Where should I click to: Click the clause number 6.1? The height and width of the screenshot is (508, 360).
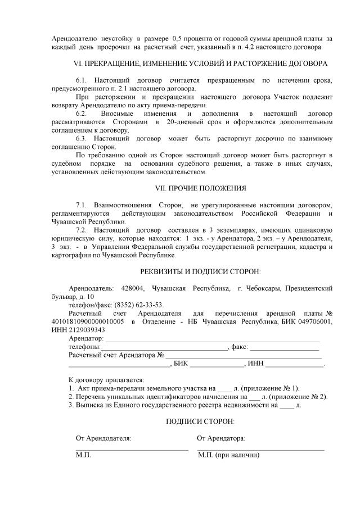[x=82, y=80]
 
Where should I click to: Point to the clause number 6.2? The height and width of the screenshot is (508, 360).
[x=82, y=114]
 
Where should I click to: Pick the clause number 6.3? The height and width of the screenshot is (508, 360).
[x=82, y=138]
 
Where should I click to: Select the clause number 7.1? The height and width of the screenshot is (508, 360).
[x=82, y=205]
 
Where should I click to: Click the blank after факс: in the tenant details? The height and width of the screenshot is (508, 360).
[x=284, y=349]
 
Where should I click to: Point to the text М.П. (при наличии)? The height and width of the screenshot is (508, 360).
[x=228, y=455]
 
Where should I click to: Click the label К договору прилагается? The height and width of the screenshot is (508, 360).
[x=106, y=380]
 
